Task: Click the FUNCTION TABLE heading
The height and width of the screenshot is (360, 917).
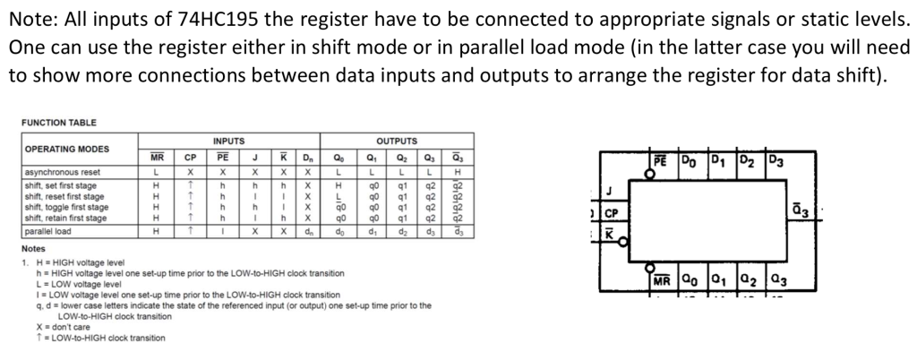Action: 59,122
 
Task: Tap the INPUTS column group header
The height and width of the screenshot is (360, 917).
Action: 228,141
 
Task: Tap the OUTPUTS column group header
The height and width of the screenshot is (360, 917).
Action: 397,141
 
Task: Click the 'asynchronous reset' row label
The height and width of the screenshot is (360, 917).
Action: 63,171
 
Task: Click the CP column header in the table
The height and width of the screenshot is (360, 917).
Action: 191,156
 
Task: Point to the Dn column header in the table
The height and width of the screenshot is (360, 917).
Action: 307,156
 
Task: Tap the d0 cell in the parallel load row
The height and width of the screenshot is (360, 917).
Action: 339,231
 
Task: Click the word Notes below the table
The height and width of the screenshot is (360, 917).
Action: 34,247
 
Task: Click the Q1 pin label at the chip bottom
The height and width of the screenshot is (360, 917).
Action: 718,279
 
